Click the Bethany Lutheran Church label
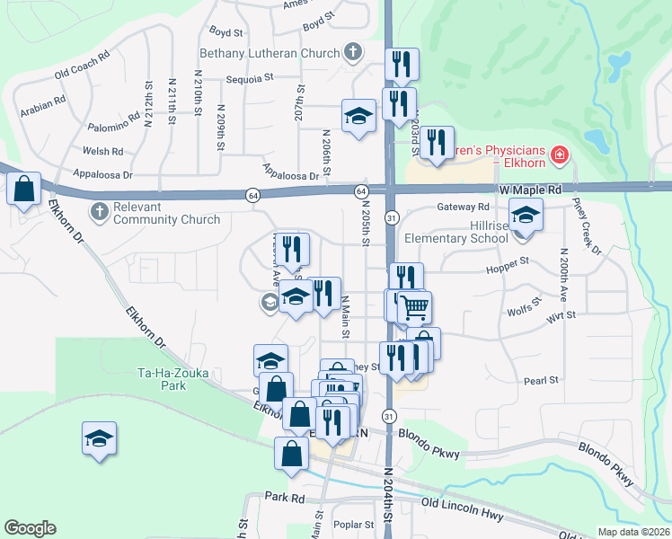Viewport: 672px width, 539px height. click(x=270, y=53)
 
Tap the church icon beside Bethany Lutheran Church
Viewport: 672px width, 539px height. click(x=353, y=52)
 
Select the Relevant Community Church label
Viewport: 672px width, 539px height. click(x=166, y=213)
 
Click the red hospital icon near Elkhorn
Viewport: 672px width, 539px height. click(x=560, y=155)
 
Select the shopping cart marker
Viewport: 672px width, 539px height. click(x=414, y=308)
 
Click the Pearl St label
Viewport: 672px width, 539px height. click(x=541, y=381)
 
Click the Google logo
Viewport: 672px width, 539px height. click(x=30, y=528)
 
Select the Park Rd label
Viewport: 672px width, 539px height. click(x=285, y=497)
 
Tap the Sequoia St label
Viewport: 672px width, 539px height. click(x=251, y=78)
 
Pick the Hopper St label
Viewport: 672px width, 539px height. click(x=508, y=264)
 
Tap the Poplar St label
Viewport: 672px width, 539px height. click(x=352, y=525)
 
